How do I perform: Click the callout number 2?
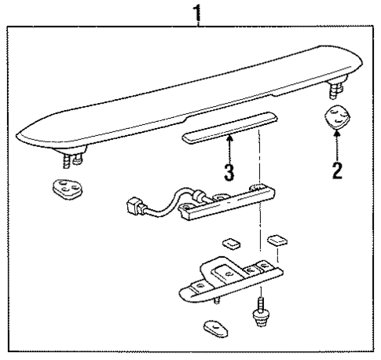(337, 169)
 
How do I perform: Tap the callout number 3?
(229, 172)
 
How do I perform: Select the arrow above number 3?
(229, 147)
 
